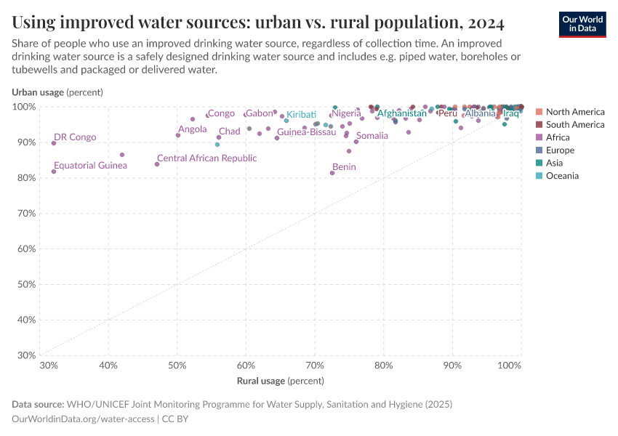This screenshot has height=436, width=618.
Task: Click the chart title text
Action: tap(258, 23)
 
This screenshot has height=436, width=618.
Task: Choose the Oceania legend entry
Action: tap(561, 176)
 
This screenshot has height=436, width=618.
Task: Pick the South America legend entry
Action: tap(574, 125)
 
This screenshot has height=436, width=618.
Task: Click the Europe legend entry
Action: tap(559, 150)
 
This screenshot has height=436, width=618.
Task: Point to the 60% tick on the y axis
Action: tap(25, 249)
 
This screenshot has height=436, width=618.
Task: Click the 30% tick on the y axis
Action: tap(25, 355)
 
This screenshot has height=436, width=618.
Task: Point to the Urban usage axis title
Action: tap(57, 92)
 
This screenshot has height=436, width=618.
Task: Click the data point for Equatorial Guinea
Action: tap(54, 171)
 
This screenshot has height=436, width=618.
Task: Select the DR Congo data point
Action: tap(54, 143)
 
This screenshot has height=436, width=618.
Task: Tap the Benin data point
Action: tap(332, 173)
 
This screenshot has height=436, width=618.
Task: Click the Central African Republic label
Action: tap(206, 158)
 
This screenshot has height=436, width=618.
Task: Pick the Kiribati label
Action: tap(301, 115)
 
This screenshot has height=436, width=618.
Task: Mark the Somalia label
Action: tap(372, 136)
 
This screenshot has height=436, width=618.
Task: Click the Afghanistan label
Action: tap(401, 113)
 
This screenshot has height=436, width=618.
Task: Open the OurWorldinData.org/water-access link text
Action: tap(83, 419)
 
